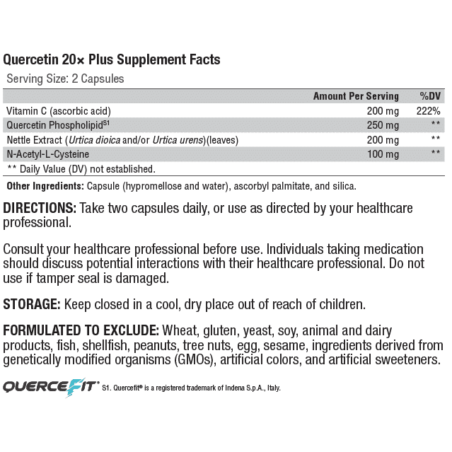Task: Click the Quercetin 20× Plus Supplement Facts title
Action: pos(112,59)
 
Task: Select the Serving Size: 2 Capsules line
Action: pos(65,79)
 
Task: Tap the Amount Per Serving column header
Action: pos(356,96)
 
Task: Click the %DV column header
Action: pos(430,96)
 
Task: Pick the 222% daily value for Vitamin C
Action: pos(429,111)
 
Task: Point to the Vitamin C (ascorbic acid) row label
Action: pos(59,111)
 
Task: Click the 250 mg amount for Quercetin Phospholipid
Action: pos(383,125)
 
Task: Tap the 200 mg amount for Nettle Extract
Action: pos(383,139)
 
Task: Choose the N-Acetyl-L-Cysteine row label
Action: pos(48,153)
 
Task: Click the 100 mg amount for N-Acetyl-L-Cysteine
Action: pos(383,153)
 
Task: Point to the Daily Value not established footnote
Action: pos(81,169)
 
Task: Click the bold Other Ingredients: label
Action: pos(45,186)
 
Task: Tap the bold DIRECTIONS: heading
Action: pos(40,209)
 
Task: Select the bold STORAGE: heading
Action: pos(32,305)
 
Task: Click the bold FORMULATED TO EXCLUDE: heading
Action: pos(81,331)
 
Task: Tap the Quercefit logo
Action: pos(48,386)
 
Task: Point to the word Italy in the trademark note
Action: pos(272,388)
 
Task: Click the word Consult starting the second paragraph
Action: pos(25,250)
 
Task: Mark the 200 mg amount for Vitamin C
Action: pos(383,111)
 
